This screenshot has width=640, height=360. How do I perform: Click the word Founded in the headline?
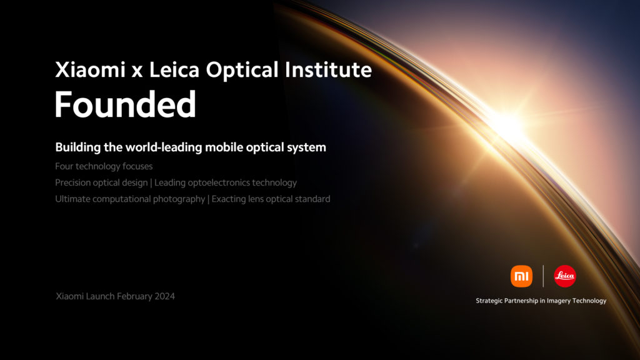(125, 105)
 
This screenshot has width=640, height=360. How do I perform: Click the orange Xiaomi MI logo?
(521, 276)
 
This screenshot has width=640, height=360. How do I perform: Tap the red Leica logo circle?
(565, 276)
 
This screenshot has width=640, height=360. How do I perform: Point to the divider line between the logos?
(543, 276)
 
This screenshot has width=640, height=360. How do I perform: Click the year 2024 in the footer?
(164, 296)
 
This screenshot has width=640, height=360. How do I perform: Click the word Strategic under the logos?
(491, 301)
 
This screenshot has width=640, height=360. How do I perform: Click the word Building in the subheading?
(76, 148)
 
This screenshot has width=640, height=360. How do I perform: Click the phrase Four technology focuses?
(104, 166)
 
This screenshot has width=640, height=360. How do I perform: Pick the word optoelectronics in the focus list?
(216, 182)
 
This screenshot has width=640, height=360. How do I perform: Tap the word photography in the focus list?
(178, 199)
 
